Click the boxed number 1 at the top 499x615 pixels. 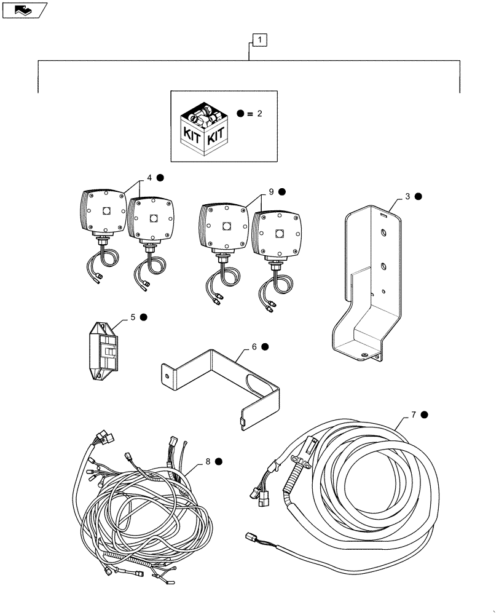click(x=261, y=41)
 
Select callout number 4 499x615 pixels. click(x=148, y=178)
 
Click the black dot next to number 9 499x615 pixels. click(x=282, y=192)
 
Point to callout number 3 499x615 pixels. click(x=407, y=197)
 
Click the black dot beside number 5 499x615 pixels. click(x=143, y=317)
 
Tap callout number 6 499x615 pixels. click(x=254, y=347)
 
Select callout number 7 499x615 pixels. click(x=414, y=415)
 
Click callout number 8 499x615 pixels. click(x=208, y=460)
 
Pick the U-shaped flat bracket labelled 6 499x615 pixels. click(x=221, y=381)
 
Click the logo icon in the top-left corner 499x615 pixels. click(x=23, y=9)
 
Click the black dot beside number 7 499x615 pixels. click(x=425, y=415)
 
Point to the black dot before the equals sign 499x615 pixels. click(x=240, y=114)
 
